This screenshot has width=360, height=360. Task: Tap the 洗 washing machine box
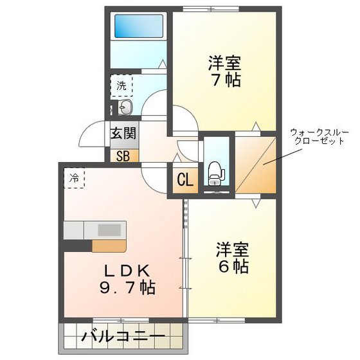122,84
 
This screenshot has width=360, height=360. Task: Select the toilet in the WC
215,172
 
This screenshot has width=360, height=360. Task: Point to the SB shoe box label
123,155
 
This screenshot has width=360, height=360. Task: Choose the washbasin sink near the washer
125,107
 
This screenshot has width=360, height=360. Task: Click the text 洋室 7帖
224,72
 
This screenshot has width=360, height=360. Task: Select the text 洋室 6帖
232,257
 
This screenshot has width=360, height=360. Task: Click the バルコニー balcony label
123,336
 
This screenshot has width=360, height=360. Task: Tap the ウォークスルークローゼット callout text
319,136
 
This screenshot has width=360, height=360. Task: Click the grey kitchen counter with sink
96,230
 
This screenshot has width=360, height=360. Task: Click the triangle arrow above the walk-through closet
255,126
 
